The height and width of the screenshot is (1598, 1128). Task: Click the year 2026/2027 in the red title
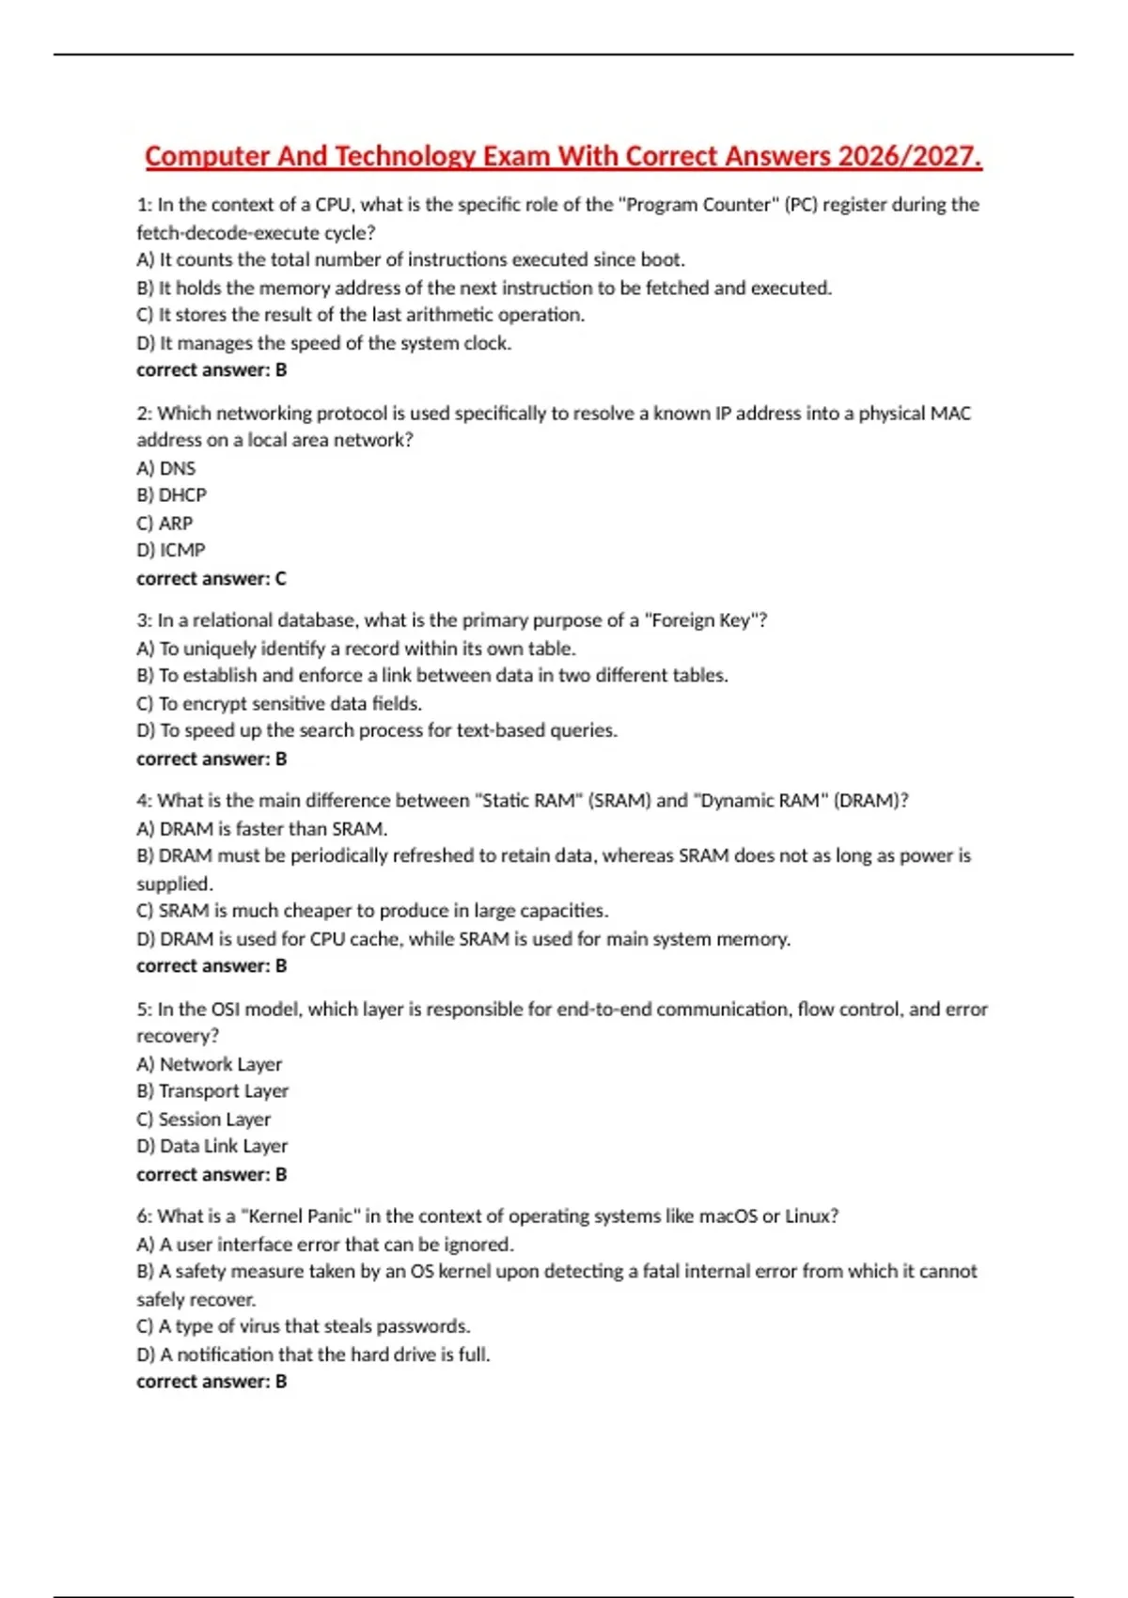pyautogui.click(x=909, y=156)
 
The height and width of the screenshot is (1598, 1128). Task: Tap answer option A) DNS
pyautogui.click(x=166, y=468)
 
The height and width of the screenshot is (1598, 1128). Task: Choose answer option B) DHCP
pyautogui.click(x=171, y=495)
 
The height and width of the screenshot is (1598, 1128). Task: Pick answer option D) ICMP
pyautogui.click(x=170, y=550)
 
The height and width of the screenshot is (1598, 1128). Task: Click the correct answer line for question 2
pyautogui.click(x=211, y=578)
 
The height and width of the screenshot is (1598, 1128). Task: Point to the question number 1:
pyautogui.click(x=144, y=205)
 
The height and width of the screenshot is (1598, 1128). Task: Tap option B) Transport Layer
pyautogui.click(x=212, y=1091)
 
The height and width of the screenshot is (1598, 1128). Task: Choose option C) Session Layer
pyautogui.click(x=203, y=1120)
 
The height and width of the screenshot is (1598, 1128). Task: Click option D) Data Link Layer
pyautogui.click(x=212, y=1147)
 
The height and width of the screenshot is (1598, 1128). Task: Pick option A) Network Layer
pyautogui.click(x=209, y=1064)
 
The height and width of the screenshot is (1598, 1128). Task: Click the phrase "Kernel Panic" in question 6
pyautogui.click(x=301, y=1216)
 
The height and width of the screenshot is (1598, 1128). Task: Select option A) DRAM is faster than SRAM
pyautogui.click(x=262, y=829)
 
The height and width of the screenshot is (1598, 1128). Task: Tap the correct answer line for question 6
pyautogui.click(x=211, y=1382)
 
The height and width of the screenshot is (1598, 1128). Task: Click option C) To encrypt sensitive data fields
pyautogui.click(x=279, y=703)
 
